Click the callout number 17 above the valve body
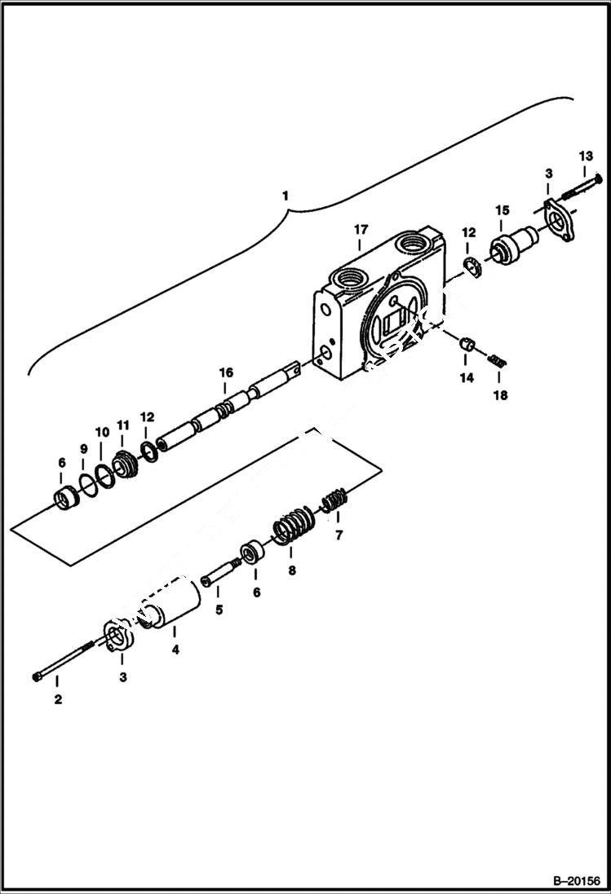[361, 231]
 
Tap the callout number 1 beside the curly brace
[285, 196]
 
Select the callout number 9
[82, 448]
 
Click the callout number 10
[101, 431]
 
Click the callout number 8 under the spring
[292, 571]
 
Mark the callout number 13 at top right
[586, 156]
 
